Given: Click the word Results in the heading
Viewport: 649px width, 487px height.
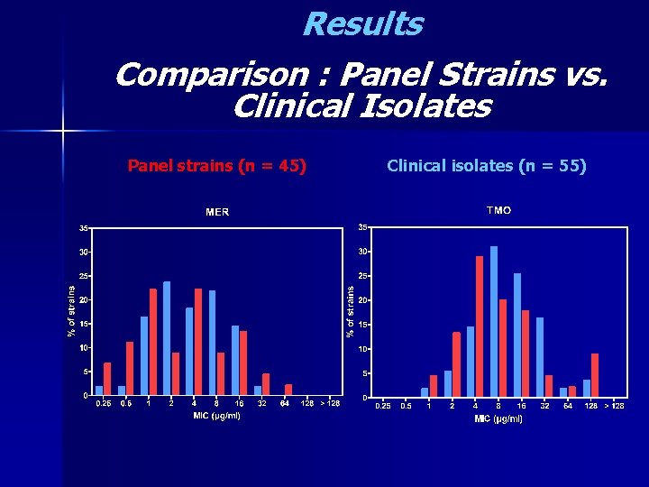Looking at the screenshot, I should [362, 24].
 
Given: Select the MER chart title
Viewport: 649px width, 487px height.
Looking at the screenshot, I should [217, 212].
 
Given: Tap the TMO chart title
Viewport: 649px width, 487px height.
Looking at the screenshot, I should [498, 210].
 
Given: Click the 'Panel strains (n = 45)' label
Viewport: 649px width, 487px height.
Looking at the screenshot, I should [216, 165].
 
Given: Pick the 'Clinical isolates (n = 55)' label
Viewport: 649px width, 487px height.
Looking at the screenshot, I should [487, 165].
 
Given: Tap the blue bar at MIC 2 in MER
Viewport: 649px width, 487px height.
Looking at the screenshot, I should [167, 338].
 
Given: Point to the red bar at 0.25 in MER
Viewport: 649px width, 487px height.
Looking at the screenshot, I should [107, 379].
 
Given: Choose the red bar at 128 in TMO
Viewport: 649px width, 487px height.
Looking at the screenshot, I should [595, 375].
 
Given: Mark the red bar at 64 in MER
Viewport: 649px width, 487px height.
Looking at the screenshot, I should [288, 390].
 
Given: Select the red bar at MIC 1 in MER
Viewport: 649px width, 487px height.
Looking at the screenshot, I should [152, 342].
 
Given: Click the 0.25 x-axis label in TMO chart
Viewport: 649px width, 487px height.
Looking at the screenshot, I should [383, 406].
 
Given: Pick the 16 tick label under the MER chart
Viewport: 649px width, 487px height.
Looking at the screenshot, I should [240, 404].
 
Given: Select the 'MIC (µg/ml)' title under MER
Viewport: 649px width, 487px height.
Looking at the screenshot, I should [216, 416].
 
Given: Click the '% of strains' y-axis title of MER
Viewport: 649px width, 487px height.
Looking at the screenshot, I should [72, 311].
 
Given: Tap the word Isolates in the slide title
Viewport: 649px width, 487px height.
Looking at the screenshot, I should [425, 107].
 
